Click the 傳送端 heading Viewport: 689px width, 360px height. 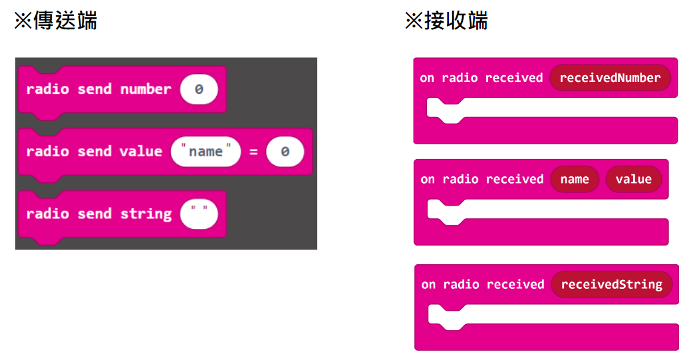(56, 21)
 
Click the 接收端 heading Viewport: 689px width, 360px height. (446, 21)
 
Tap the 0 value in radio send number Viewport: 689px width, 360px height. (199, 89)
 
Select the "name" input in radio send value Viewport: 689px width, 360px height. (206, 152)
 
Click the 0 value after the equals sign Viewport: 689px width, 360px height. (285, 152)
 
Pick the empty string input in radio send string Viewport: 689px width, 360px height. (199, 214)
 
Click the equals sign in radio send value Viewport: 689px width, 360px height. (253, 152)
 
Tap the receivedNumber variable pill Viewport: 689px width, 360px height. (610, 78)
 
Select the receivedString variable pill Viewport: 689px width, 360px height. (612, 284)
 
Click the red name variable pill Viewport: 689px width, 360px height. (575, 180)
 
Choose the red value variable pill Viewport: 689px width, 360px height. (634, 180)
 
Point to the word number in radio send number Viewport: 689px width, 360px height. (146, 89)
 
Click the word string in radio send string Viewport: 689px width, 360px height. (146, 214)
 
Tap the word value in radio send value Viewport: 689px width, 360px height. (141, 152)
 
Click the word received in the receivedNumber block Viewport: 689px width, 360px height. (514, 78)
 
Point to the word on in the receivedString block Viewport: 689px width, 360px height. (428, 285)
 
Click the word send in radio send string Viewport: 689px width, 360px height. (94, 214)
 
